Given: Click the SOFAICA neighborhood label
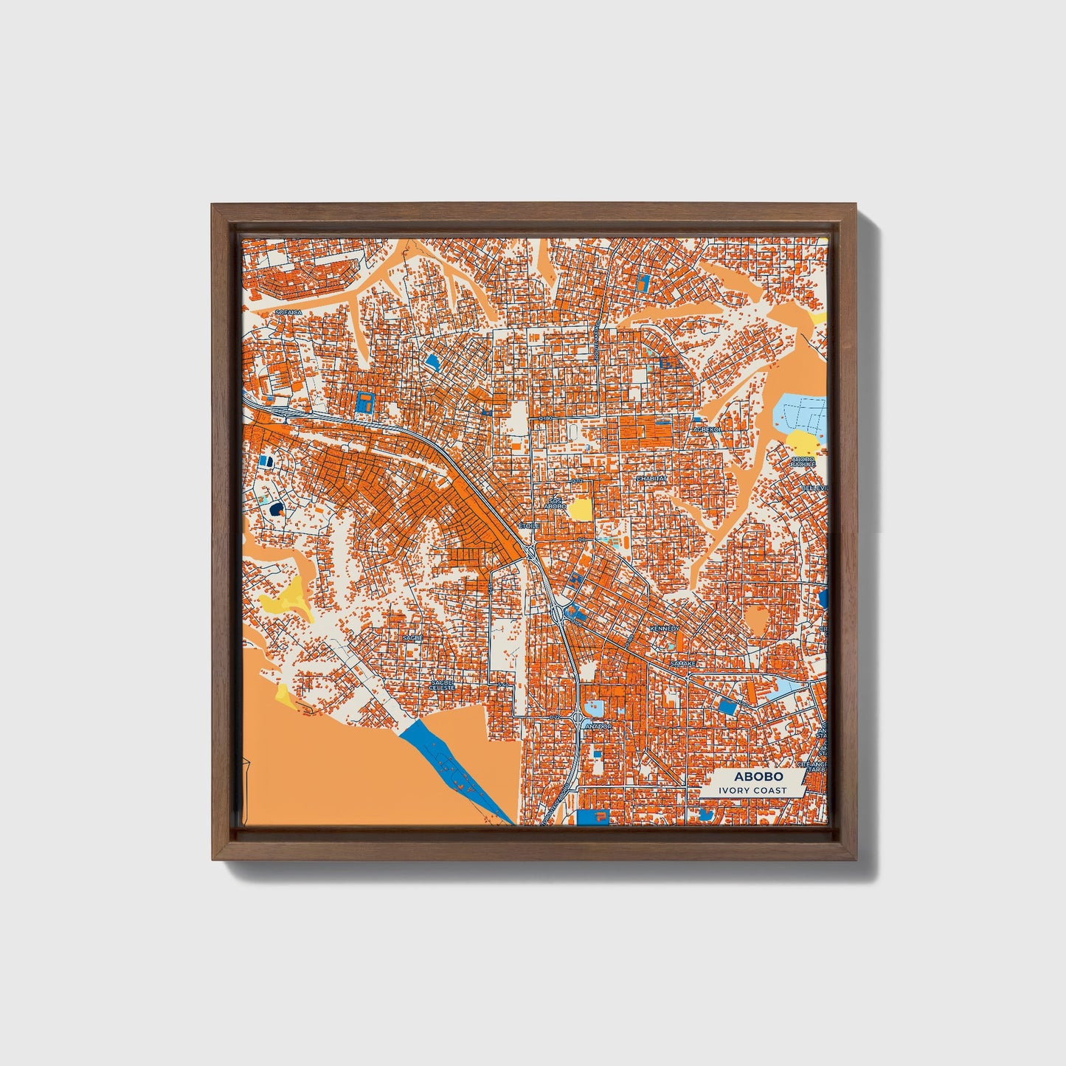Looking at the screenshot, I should (x=289, y=313).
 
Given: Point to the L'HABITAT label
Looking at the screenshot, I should (x=651, y=478).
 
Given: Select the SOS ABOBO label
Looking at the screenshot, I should (x=554, y=504).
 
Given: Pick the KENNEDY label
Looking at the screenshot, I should (x=664, y=628).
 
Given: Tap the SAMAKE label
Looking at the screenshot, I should (x=682, y=664).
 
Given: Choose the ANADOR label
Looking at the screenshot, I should (x=598, y=727).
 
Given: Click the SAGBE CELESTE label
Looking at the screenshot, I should (x=443, y=685).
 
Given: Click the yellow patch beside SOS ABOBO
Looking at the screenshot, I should (x=581, y=509).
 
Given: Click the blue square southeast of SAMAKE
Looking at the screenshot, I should (x=727, y=707).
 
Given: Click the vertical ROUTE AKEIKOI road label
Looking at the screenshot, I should (x=596, y=344).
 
